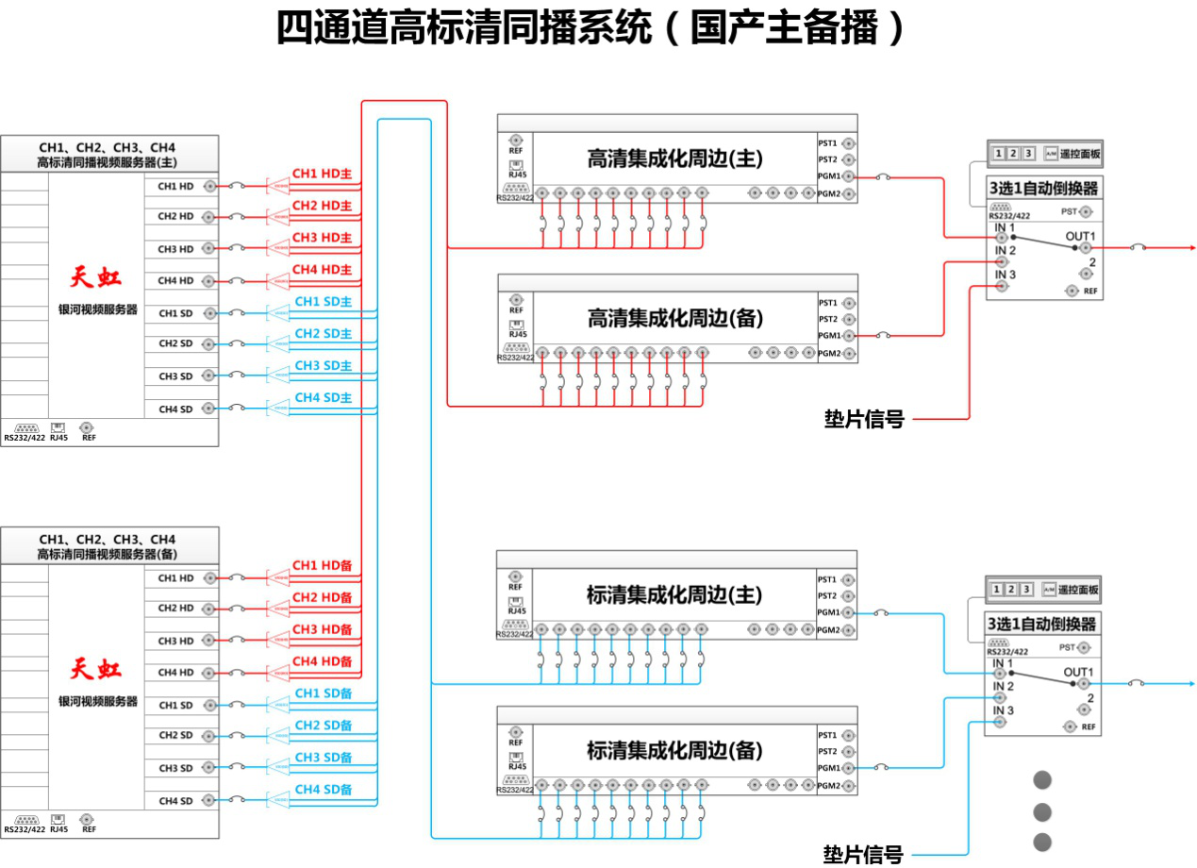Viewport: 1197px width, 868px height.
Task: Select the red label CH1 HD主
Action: coord(322,175)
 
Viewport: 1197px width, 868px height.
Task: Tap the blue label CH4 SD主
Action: coord(323,398)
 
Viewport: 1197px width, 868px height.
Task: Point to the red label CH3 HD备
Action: coord(322,629)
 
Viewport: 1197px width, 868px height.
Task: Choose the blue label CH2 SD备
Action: coord(323,726)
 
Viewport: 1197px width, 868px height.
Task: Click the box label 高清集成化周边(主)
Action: coord(674,159)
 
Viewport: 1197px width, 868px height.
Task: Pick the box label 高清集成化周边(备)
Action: coord(674,319)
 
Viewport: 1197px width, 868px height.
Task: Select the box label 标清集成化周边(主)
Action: coord(674,595)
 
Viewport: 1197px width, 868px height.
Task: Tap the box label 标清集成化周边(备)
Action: coord(674,751)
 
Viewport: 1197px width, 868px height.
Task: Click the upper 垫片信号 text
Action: coord(863,419)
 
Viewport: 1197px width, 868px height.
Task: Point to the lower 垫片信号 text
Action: coord(862,855)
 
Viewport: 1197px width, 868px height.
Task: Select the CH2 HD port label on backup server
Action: coord(175,609)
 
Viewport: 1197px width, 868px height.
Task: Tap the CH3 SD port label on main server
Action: coord(175,376)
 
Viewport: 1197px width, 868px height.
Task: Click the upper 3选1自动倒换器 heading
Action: coord(1042,189)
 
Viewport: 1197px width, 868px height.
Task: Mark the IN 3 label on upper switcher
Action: coord(1005,275)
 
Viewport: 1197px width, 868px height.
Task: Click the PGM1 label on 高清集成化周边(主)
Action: coord(828,176)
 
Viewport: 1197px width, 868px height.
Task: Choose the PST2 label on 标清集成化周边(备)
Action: coord(828,751)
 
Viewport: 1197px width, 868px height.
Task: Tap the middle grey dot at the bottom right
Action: coord(1042,811)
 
